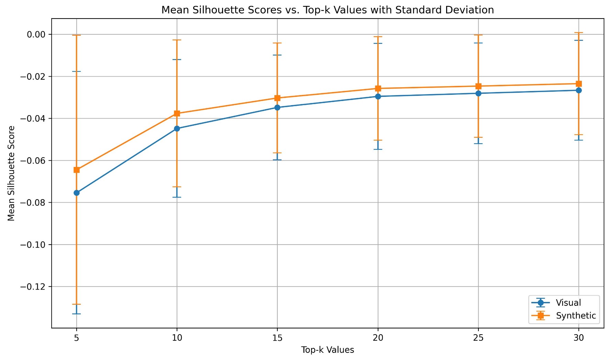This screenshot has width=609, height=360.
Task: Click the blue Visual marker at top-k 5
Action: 77,193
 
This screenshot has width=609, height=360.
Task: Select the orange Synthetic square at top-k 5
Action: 77,170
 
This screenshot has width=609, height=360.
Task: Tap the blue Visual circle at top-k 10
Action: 177,128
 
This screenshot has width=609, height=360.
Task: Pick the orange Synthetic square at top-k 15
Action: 277,98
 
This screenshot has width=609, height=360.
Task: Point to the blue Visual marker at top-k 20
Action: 378,96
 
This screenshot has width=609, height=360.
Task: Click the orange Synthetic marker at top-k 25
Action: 478,86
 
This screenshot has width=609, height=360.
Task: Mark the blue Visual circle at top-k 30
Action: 579,90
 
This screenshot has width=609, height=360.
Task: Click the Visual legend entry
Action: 568,303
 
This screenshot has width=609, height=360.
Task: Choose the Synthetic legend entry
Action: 576,315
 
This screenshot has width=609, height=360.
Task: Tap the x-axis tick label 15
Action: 277,338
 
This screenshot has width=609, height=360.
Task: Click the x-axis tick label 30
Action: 579,338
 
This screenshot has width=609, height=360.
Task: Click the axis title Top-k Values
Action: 328,350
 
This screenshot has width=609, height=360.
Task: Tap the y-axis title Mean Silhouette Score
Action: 11,173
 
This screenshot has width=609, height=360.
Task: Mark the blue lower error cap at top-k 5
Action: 77,314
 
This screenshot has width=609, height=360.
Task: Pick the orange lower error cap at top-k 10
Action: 177,187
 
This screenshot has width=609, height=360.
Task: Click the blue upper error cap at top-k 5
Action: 77,71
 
